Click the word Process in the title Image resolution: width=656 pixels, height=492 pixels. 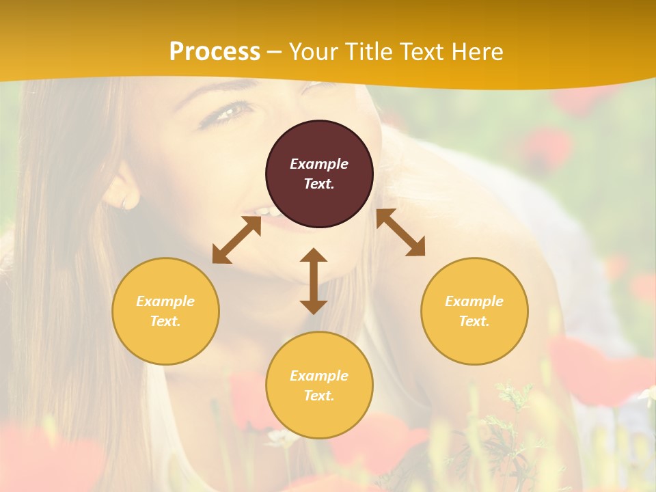coord(215,52)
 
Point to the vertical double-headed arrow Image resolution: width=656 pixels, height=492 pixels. coord(314,281)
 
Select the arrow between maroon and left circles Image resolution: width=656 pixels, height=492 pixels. coord(236,240)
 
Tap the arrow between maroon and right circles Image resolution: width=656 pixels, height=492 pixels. coord(400,232)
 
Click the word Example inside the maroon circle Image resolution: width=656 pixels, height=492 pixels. coord(319,164)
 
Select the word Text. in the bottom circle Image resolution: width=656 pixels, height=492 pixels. coord(319,396)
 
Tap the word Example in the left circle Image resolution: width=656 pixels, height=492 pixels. coord(165,301)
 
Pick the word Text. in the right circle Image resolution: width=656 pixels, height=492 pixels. coord(474,321)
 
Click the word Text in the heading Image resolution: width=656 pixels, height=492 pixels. coord(421,52)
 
